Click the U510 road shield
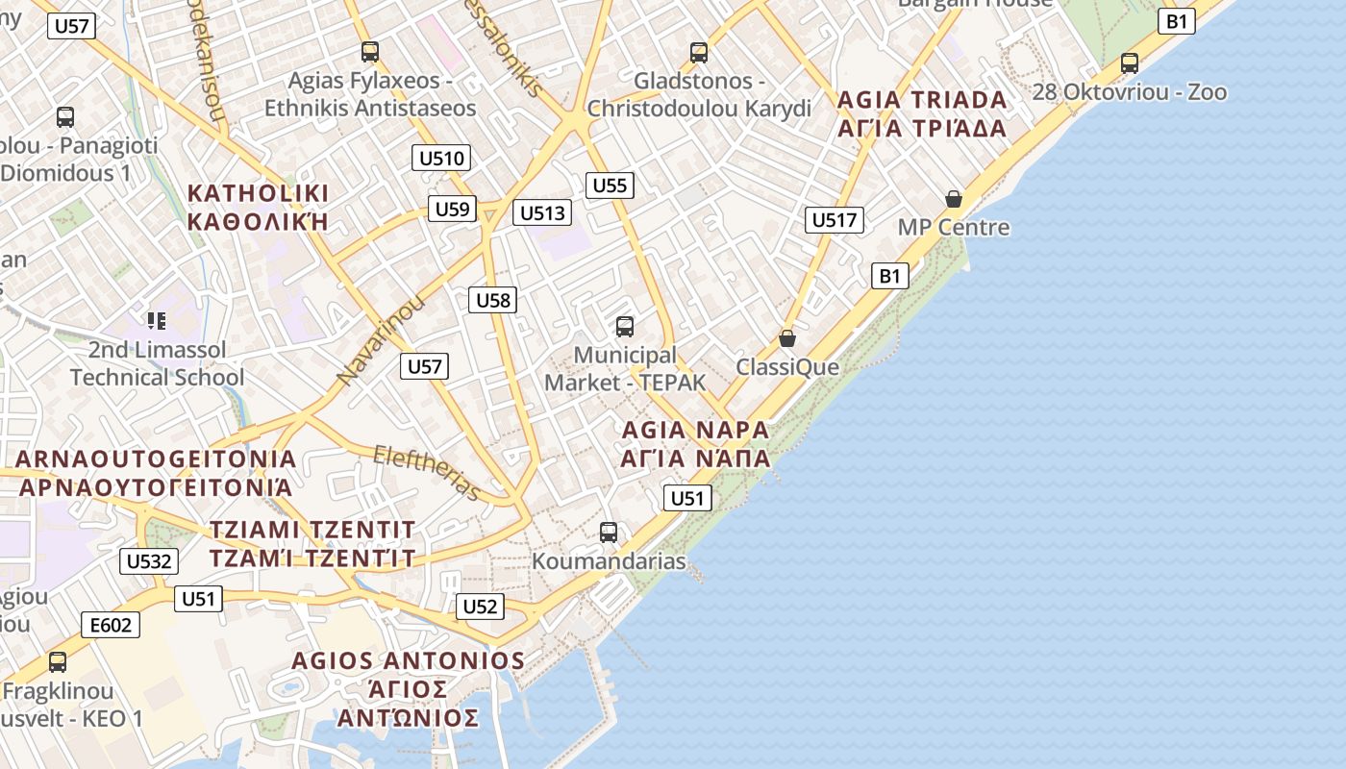click(x=441, y=159)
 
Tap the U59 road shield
click(x=452, y=209)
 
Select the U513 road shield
click(x=542, y=212)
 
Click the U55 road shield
click(x=610, y=186)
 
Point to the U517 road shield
click(x=834, y=220)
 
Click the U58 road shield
click(x=493, y=300)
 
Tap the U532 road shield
click(x=149, y=561)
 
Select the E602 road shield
click(x=110, y=626)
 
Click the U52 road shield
click(x=479, y=606)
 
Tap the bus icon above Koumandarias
click(x=609, y=532)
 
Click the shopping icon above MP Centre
click(x=954, y=199)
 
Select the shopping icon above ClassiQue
click(x=787, y=338)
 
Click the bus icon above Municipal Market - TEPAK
click(x=625, y=327)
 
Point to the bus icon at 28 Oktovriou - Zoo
click(x=1130, y=63)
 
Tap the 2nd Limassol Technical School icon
click(x=157, y=320)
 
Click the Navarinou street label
click(x=381, y=342)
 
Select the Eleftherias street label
click(x=427, y=472)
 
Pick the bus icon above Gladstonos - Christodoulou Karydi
click(x=699, y=52)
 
